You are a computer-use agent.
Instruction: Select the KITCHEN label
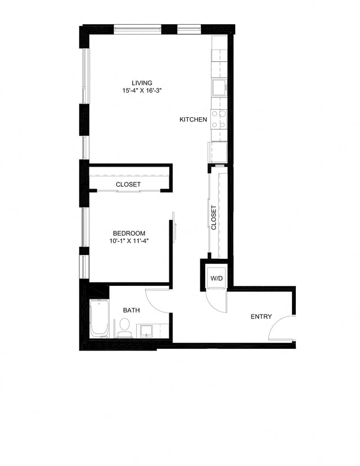click(193, 119)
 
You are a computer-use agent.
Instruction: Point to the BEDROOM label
click(129, 233)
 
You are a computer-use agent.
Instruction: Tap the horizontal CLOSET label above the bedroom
click(128, 185)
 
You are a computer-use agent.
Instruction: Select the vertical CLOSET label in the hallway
click(214, 217)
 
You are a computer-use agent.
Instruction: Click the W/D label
click(217, 279)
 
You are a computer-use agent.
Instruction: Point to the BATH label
click(132, 310)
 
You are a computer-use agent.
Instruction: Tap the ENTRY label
click(261, 317)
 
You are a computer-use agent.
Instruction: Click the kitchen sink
click(218, 87)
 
